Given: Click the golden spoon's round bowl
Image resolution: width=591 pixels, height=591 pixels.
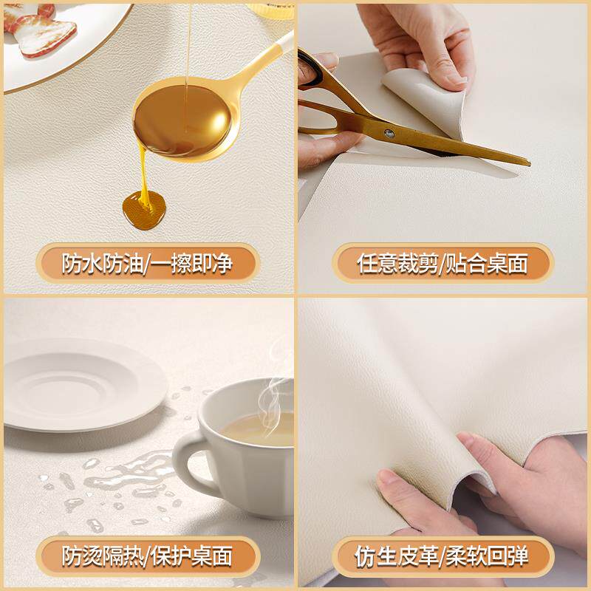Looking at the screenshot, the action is tap(182, 120).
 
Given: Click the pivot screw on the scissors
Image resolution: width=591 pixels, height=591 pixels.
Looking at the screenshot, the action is tap(389, 133).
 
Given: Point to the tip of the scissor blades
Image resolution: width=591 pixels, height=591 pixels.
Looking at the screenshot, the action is tap(530, 163).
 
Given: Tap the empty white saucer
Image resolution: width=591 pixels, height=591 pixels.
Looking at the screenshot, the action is tap(83, 384).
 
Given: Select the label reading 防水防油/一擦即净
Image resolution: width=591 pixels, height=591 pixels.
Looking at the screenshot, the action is tap(147, 264).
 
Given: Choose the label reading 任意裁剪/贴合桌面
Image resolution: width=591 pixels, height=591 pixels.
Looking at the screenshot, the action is tap(443, 264).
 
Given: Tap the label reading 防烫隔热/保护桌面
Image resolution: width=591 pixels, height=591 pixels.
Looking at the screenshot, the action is tap(147, 556).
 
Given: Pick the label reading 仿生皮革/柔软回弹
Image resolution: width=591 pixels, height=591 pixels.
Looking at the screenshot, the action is tap(443, 556).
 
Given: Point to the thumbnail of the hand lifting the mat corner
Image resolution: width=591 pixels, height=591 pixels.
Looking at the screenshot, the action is tap(457, 78).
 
